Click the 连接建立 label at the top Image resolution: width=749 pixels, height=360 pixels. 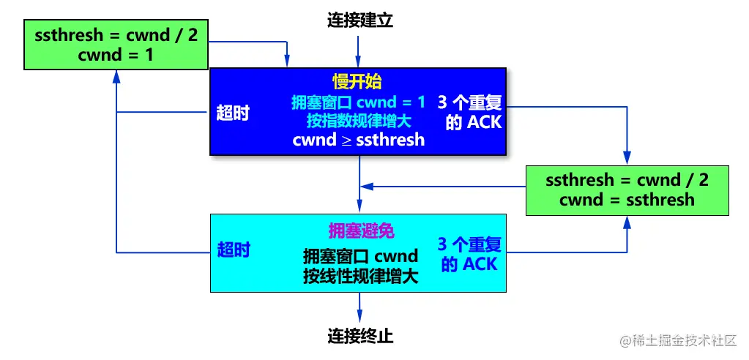tap(359, 20)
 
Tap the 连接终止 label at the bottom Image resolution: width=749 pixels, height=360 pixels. tap(359, 337)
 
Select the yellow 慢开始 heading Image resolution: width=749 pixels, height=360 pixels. tap(357, 81)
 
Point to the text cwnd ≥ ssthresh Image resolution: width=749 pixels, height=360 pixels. tap(358, 139)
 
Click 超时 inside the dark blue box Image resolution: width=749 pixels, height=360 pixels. tap(233, 113)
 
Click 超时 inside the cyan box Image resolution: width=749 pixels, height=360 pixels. tap(234, 250)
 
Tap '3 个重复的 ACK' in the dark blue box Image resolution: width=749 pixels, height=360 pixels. tap(473, 111)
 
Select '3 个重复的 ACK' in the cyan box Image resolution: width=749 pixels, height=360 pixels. tap(469, 253)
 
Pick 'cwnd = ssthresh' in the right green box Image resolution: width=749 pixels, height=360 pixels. tap(627, 199)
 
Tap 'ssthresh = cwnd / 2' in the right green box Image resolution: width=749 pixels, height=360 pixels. tap(627, 179)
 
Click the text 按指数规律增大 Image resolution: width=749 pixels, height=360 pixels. tap(359, 120)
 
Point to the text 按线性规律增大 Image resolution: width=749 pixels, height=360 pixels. tap(360, 276)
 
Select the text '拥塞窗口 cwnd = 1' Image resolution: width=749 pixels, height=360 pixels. tap(358, 101)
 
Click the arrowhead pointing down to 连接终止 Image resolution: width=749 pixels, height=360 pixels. tap(359, 312)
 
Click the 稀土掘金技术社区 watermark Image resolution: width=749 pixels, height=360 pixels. tap(677, 340)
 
